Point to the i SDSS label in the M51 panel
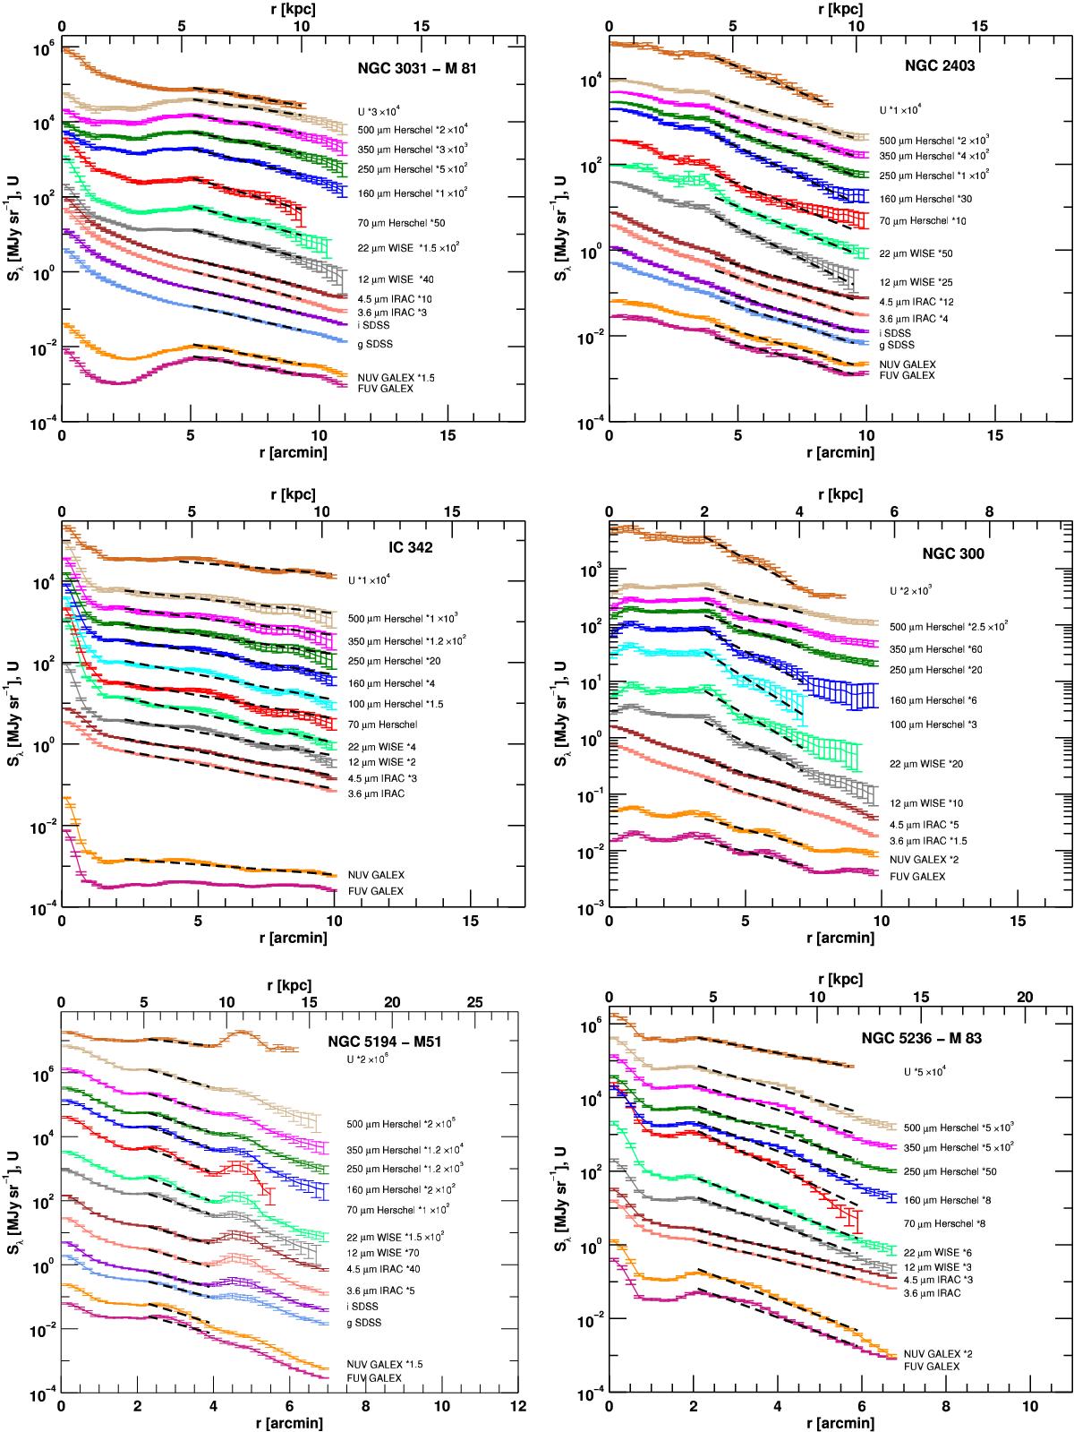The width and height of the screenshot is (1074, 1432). [x=363, y=1308]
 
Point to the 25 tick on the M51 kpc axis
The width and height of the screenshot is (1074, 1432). [x=475, y=1000]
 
